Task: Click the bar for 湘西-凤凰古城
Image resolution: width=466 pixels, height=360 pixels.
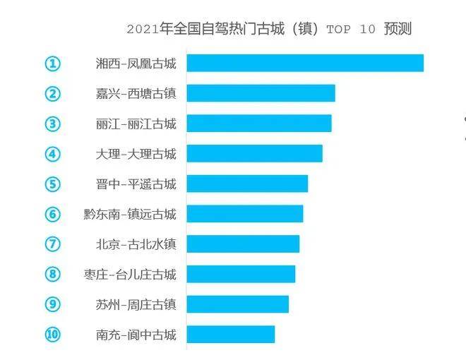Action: tap(305, 63)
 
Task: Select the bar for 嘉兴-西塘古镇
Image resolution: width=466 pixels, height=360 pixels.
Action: tap(261, 93)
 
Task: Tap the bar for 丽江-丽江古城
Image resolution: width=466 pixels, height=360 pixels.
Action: tap(258, 124)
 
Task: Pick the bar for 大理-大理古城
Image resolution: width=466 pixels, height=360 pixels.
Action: tap(254, 153)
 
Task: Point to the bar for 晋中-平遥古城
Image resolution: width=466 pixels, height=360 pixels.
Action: tap(247, 184)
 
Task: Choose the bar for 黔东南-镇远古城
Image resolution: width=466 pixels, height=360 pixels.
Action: tap(244, 214)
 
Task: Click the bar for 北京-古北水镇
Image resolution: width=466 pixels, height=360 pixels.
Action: tap(243, 244)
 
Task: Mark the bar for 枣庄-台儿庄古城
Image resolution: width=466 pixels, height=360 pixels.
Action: tap(241, 274)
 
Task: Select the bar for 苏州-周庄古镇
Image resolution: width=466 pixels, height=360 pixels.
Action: tap(237, 304)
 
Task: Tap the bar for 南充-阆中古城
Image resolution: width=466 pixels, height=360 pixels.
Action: tap(230, 334)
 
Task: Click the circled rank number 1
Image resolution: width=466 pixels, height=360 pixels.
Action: tap(53, 64)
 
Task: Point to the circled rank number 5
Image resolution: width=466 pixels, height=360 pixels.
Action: tap(53, 184)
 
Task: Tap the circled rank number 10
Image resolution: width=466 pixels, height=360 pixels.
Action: tap(53, 334)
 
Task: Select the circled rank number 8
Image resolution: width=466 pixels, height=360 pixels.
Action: tap(53, 274)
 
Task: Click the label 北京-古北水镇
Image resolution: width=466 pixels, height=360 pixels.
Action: tap(136, 244)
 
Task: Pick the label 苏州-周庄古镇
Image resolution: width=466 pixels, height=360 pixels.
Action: tap(136, 304)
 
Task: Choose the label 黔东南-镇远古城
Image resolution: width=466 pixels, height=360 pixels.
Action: tap(130, 214)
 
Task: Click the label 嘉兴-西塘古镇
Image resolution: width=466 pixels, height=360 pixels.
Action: tap(136, 94)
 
